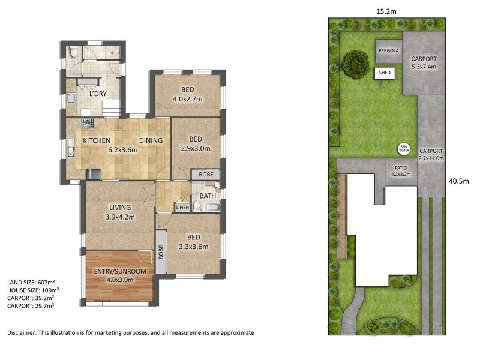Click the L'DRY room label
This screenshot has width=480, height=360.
(x=98, y=94)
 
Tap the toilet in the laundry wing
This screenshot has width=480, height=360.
(x=73, y=52)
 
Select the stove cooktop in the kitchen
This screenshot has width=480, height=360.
(x=88, y=123)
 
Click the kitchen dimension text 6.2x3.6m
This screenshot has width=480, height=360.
(x=123, y=150)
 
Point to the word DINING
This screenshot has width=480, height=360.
(x=151, y=140)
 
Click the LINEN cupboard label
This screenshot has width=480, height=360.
(x=182, y=207)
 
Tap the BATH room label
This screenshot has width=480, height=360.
(x=208, y=196)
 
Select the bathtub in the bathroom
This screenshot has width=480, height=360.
(x=212, y=208)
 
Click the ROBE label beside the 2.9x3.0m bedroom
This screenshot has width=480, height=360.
(x=206, y=175)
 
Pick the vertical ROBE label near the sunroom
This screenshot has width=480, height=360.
(x=161, y=252)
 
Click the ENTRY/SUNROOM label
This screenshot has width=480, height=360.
(x=120, y=271)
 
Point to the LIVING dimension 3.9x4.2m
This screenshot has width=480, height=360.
(x=120, y=217)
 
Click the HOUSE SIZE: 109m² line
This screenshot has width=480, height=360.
(x=33, y=290)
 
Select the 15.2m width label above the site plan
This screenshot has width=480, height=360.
(x=386, y=11)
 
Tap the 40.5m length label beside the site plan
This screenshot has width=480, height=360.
(x=459, y=181)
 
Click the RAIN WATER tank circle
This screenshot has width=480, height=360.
(x=404, y=149)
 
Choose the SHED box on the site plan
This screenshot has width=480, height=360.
(x=385, y=73)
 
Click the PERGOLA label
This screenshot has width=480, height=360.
(x=389, y=51)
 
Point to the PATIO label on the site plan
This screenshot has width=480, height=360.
(x=401, y=168)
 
